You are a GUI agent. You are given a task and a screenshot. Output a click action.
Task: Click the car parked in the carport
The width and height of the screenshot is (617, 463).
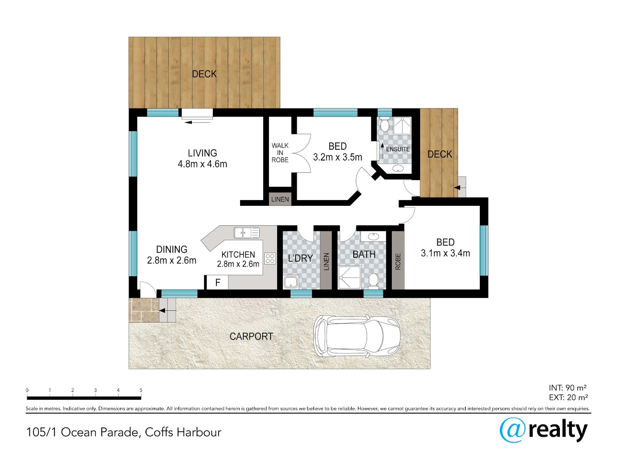point(356,336)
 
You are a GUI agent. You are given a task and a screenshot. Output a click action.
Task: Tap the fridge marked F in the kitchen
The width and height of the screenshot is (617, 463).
point(217,282)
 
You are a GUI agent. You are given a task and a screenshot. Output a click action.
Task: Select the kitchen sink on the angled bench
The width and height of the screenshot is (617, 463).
point(246,233)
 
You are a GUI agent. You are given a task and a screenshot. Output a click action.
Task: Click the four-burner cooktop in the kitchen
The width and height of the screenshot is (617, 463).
point(270,258)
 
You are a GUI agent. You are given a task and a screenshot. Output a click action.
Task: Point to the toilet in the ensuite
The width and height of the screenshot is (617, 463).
point(384,124)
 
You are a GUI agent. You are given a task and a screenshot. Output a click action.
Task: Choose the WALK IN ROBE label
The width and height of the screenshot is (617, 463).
point(280,153)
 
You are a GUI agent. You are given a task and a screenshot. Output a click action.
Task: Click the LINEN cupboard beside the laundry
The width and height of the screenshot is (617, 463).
point(326,261)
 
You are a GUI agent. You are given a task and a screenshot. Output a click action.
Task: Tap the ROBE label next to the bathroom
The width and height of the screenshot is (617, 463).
point(398,262)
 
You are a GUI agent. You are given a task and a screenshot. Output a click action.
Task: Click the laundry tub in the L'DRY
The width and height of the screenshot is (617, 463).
point(291,282)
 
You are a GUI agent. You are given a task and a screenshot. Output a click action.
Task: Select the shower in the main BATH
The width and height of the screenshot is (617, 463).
point(350,277)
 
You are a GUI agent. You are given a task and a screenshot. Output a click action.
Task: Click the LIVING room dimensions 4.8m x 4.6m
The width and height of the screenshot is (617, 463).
point(203,164)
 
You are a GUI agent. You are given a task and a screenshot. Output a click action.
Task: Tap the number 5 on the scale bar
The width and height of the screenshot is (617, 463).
point(141,390)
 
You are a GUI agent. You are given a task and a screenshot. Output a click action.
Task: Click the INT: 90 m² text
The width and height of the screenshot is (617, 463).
point(568,388)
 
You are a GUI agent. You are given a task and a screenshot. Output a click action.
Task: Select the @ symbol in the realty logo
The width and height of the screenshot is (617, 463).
point(513,430)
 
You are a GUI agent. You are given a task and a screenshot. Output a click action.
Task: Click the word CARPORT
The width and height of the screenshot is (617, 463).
point(251,336)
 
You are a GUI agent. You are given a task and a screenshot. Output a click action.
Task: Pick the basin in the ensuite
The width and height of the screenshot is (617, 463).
point(398,169)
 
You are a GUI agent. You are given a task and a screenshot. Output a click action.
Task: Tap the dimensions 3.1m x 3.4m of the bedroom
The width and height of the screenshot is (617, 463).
point(445,253)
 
